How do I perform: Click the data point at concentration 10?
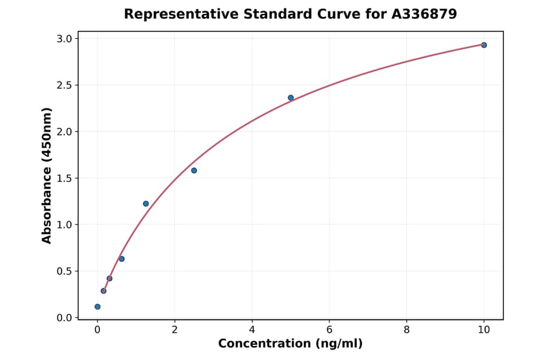(484, 45)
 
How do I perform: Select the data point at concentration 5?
(291, 98)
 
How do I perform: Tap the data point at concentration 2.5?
(194, 170)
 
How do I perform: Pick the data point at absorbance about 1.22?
(146, 204)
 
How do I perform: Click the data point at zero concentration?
(97, 307)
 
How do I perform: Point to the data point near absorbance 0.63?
(122, 259)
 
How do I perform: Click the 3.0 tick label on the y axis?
(65, 39)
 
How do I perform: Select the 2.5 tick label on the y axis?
(65, 85)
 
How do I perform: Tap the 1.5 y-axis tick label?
(65, 178)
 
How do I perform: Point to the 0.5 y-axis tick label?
(65, 271)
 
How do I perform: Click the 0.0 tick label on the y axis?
(65, 318)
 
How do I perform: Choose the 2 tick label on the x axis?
(174, 330)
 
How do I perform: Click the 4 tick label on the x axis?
(252, 330)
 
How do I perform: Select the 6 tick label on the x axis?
(329, 330)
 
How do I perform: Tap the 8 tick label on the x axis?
(406, 330)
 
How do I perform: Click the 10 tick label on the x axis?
(484, 330)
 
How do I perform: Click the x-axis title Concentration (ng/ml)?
(290, 344)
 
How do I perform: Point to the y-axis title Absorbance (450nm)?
(47, 175)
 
